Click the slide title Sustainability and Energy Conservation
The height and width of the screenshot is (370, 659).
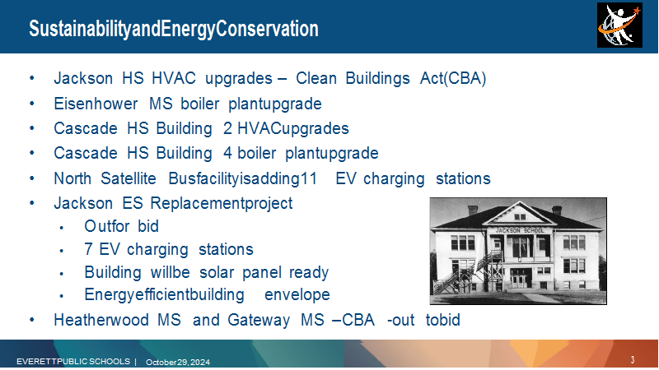tap(174, 29)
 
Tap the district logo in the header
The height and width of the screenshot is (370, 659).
tap(619, 25)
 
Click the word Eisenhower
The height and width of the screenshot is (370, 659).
tap(96, 104)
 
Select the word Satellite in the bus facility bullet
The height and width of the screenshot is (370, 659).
tap(129, 178)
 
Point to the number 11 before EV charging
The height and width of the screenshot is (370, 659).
tap(308, 178)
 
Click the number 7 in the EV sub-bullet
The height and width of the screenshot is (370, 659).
tap(88, 249)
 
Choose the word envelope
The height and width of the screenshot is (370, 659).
tap(297, 294)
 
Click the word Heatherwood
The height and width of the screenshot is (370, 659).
tap(101, 320)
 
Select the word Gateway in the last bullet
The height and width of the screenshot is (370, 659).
tap(259, 320)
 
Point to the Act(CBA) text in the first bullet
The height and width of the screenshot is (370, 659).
tap(453, 78)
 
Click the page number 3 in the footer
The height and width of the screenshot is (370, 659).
tap(633, 359)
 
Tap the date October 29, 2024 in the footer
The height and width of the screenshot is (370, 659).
tap(178, 362)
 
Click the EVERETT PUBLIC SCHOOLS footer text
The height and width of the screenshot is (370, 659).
tap(73, 361)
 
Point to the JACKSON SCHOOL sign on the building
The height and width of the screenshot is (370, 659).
tap(520, 230)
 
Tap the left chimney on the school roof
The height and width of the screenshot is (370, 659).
tap(473, 210)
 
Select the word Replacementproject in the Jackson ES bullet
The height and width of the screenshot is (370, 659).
tap(222, 203)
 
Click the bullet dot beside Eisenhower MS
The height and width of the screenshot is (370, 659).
tap(32, 104)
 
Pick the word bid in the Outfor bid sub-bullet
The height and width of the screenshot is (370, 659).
tap(148, 227)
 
